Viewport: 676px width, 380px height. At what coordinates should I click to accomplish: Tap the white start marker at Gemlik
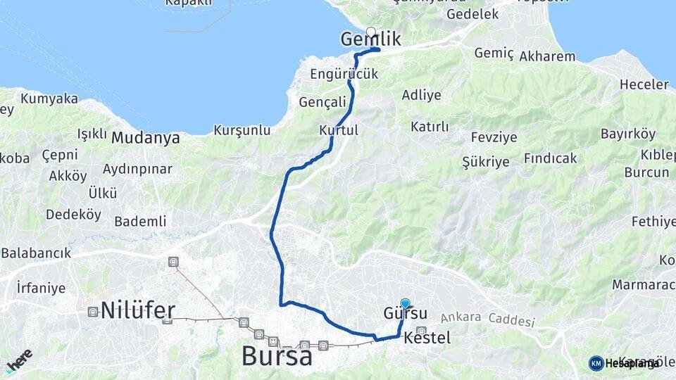coord(371,32)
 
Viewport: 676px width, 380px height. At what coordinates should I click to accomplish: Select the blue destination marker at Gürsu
coord(405,303)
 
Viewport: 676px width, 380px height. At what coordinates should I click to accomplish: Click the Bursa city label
coord(277,356)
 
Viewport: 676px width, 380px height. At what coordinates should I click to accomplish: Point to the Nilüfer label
coord(138,310)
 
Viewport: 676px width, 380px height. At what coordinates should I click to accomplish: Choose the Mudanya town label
coord(146,138)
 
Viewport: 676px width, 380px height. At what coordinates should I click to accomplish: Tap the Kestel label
coord(427,338)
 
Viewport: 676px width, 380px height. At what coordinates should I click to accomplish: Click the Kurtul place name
coord(339,130)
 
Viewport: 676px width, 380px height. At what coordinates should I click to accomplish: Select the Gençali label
coord(323,102)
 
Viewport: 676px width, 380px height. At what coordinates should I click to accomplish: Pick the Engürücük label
coord(344,74)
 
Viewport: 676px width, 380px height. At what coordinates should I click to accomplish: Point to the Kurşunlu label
coord(242,130)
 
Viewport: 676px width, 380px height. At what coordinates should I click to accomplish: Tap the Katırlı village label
coord(430,127)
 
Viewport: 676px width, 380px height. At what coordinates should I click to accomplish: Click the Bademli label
coord(140,222)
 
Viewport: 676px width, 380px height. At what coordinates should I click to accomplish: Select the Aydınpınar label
coord(137,169)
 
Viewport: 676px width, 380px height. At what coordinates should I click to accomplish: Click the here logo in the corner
coord(19,360)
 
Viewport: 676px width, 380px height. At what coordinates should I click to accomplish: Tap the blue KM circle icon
coord(596,363)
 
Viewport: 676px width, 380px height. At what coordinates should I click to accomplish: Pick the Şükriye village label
coord(486,162)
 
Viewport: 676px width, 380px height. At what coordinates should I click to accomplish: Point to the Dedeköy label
coord(73,215)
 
